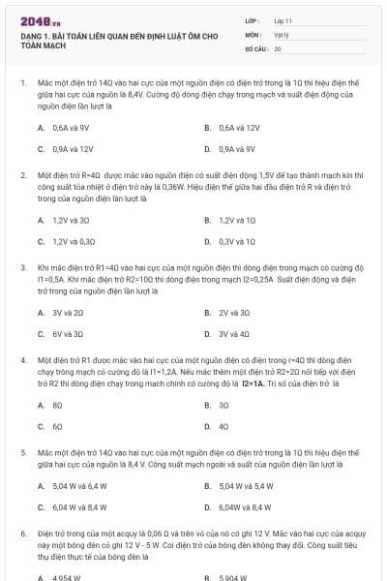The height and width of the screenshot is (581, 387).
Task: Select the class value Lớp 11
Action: [283, 19]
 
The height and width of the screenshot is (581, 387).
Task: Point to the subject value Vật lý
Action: [282, 33]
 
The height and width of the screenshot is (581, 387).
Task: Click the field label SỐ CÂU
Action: [255, 47]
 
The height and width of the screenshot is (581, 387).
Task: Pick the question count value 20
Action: [278, 47]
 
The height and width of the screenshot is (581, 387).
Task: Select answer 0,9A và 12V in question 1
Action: [73, 149]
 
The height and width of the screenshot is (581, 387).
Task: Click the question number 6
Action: [22, 534]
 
